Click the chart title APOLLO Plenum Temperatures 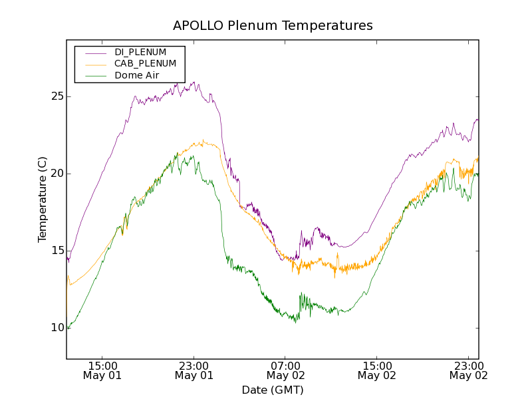point(273,26)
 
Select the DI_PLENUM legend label point(140,52)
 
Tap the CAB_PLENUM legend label point(145,64)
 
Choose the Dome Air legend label point(136,76)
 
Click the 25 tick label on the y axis point(55,96)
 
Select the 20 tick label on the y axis point(55,174)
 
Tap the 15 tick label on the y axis point(55,251)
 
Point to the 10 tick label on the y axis point(55,328)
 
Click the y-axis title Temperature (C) point(43,199)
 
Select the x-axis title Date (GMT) point(273,390)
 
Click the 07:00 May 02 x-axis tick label point(285,370)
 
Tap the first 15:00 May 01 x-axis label point(102,370)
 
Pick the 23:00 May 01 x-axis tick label point(194,370)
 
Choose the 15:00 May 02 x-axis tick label point(376,370)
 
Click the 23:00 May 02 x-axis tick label point(467,370)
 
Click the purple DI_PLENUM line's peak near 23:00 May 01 point(193,82)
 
